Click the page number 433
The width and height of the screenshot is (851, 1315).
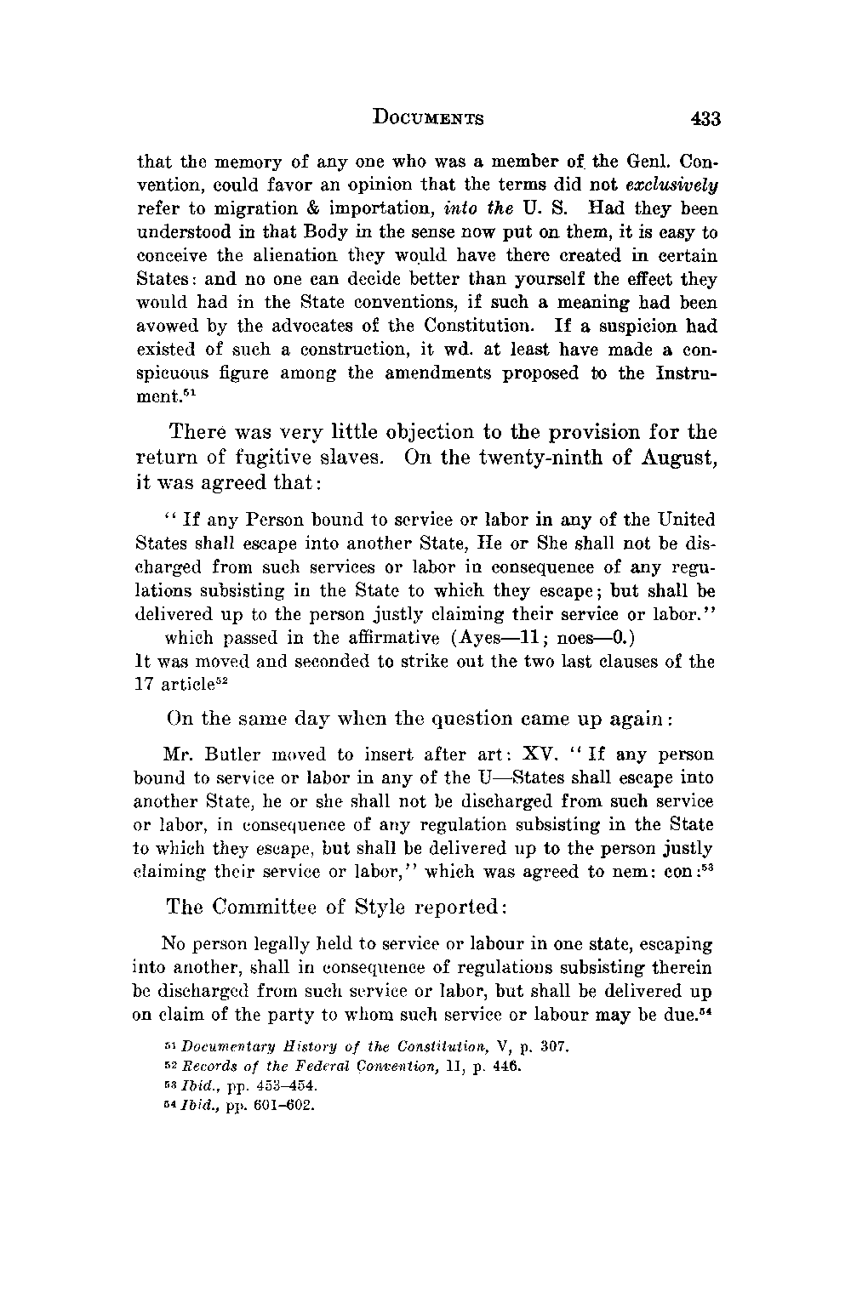[705, 118]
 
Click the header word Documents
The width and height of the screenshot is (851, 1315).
[428, 118]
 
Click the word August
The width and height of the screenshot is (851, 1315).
[676, 458]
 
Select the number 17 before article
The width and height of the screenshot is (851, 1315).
[146, 685]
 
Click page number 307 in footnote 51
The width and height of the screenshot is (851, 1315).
[542, 1045]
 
